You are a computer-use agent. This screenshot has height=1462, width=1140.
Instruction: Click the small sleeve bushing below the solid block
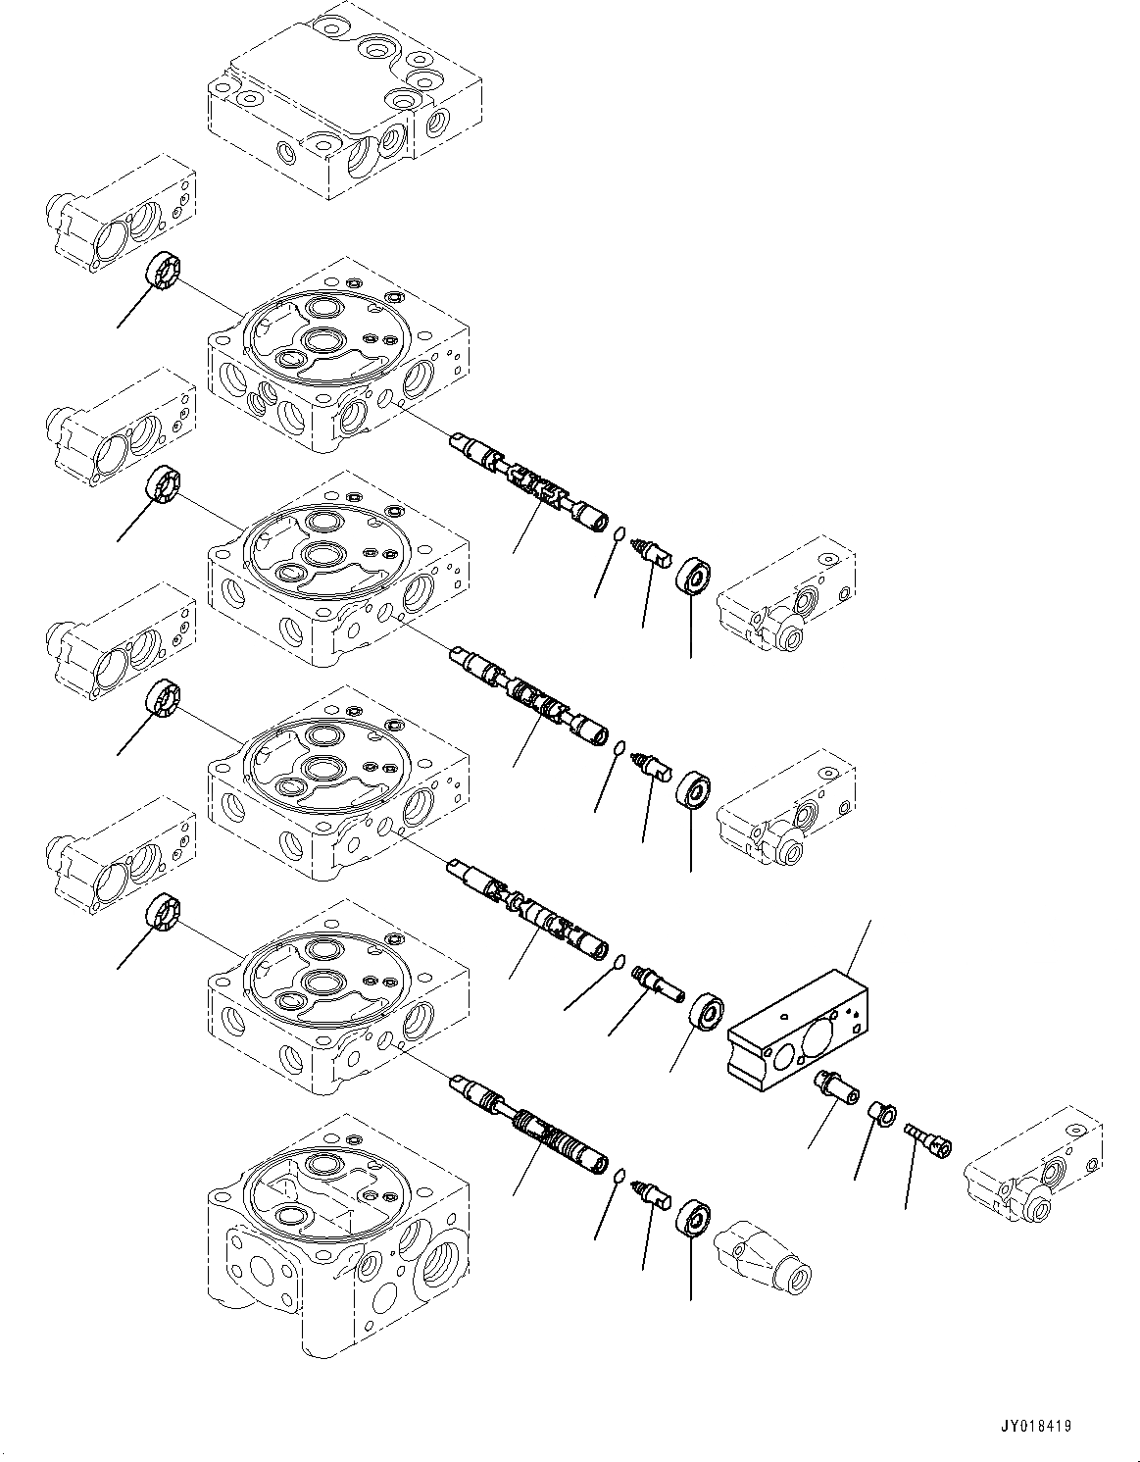click(884, 1113)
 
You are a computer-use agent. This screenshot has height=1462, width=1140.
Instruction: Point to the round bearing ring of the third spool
click(708, 1011)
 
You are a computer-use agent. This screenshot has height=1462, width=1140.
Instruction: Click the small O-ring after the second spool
click(620, 749)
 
